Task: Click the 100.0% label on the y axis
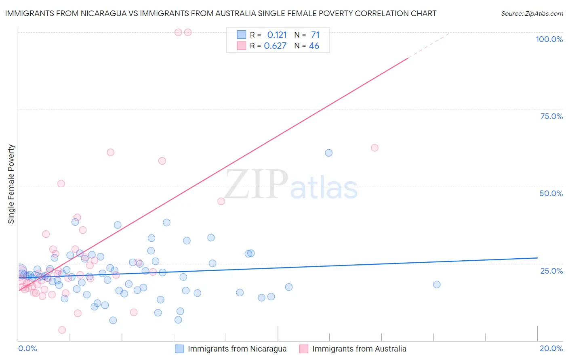tap(549, 39)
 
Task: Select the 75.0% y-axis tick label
tap(551, 116)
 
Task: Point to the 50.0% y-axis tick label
tap(551, 193)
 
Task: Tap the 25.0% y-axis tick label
tap(551, 270)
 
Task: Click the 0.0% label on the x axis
tap(27, 348)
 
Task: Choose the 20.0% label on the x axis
tap(551, 348)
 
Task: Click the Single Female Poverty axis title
tap(11, 184)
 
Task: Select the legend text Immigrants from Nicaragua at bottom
tap(237, 349)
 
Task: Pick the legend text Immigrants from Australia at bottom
tap(359, 349)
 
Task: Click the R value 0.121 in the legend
tap(277, 35)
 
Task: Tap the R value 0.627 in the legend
tap(275, 46)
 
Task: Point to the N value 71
tap(315, 35)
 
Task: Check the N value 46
tap(314, 46)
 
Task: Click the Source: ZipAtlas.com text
tap(532, 14)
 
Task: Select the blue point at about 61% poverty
tap(329, 153)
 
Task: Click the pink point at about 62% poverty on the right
tap(374, 148)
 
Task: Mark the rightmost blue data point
tap(437, 285)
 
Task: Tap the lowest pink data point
tap(62, 330)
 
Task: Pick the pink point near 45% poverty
tap(221, 201)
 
